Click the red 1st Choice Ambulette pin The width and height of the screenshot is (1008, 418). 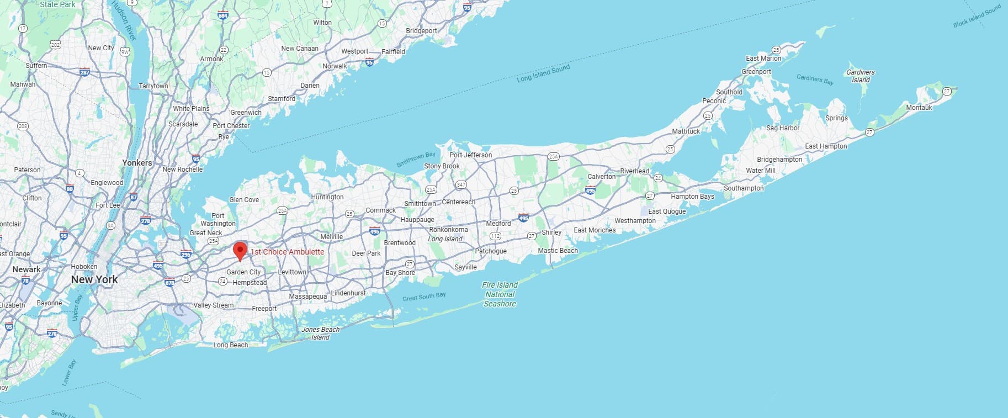tap(240, 250)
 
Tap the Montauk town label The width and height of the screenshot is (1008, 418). tap(919, 108)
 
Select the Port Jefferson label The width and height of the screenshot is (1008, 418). tap(470, 155)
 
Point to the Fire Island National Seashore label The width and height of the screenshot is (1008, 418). tap(500, 294)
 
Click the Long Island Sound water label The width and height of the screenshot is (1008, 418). tap(543, 73)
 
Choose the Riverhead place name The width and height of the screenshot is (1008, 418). tap(634, 171)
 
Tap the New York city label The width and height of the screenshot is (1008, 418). tap(94, 279)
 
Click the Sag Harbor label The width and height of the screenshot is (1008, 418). tap(782, 128)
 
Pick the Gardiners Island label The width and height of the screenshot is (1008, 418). tap(860, 76)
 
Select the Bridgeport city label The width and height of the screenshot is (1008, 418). tap(421, 31)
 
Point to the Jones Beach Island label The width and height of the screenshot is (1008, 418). tap(320, 333)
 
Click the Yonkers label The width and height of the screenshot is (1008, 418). tap(137, 163)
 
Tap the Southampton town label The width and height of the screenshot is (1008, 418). tap(744, 188)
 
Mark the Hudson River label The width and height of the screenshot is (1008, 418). tap(124, 20)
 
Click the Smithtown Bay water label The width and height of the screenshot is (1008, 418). tap(416, 160)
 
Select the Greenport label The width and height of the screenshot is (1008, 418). tap(756, 72)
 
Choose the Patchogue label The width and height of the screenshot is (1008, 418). tap(490, 251)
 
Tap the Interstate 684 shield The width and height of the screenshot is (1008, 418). tap(222, 15)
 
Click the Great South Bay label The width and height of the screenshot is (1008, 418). tap(424, 297)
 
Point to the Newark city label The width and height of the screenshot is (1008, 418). tap(26, 269)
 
